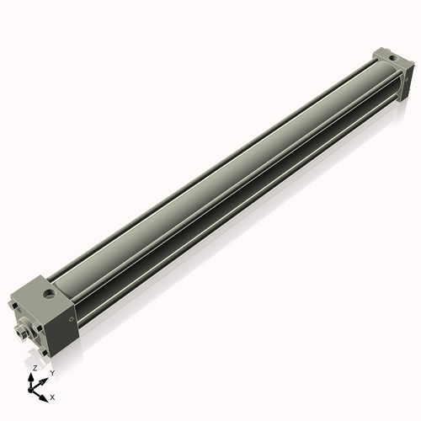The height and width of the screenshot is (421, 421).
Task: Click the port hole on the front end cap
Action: [x=53, y=295]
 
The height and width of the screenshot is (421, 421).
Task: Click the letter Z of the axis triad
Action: [x=35, y=369]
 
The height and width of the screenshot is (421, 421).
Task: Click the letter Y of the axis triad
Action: [x=52, y=372]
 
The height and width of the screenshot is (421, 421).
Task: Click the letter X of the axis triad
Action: [x=53, y=396]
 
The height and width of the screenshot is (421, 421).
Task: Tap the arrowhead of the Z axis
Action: [x=34, y=376]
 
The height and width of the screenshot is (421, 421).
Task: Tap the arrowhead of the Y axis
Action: [x=45, y=378]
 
